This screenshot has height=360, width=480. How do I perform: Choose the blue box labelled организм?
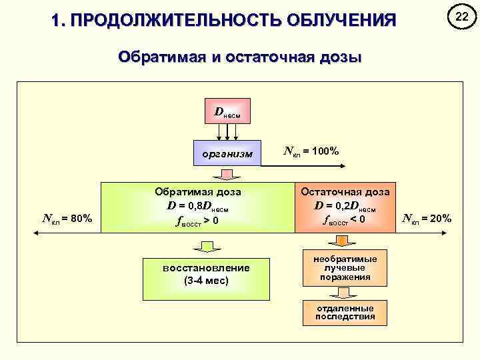click(227, 153)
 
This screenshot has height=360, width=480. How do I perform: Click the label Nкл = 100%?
click(311, 151)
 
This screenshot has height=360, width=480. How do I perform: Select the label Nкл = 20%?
click(427, 218)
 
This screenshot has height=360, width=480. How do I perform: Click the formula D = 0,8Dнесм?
click(198, 205)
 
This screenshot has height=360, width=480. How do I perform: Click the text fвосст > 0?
click(198, 219)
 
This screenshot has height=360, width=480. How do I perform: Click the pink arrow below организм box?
click(227, 174)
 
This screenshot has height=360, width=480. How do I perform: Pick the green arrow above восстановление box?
click(206, 247)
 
